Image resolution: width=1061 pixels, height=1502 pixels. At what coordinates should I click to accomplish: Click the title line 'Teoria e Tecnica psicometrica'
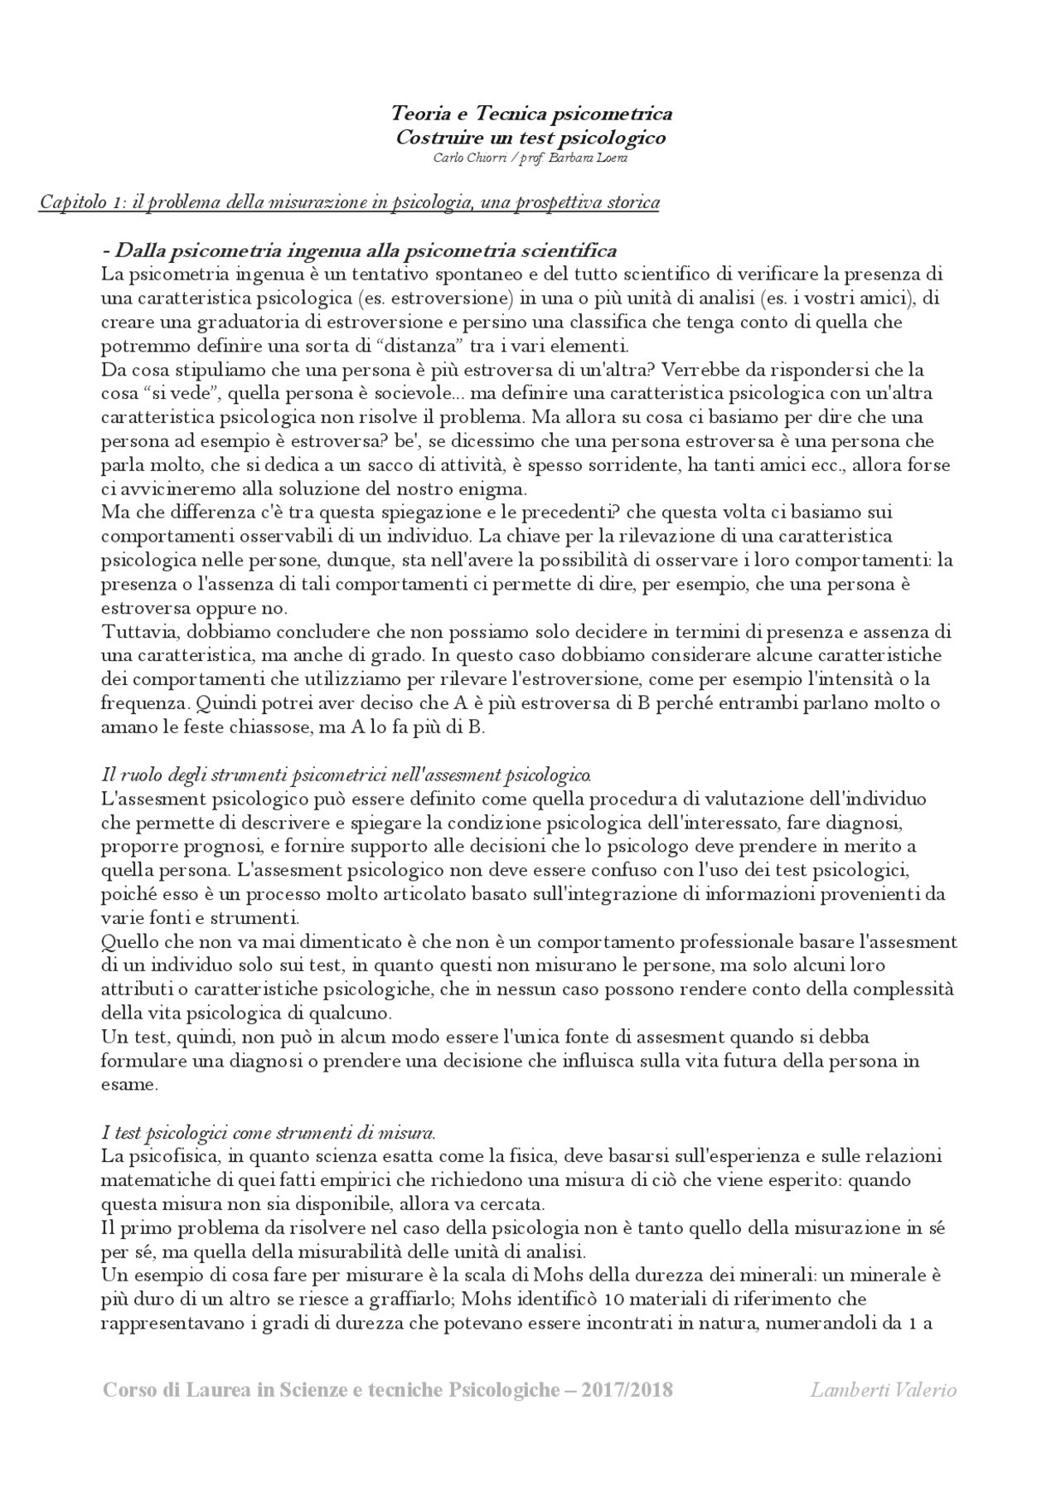530,113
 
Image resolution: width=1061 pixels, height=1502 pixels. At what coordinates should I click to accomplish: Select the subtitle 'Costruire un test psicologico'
530,137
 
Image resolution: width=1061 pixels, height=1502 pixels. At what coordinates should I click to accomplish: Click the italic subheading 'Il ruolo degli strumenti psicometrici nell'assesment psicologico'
346,775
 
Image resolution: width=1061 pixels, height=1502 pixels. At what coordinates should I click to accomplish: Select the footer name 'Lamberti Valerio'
883,1390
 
